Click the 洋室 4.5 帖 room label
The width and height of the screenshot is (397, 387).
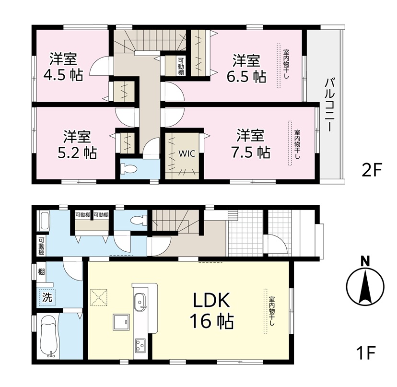63,67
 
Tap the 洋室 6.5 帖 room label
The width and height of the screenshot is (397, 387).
246,69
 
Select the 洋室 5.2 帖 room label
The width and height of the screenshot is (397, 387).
77,144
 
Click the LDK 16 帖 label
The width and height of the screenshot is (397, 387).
212,311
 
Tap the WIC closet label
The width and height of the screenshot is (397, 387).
187,153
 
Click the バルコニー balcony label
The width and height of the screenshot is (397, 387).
329,105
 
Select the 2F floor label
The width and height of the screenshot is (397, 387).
372,170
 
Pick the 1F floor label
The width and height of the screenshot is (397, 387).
366,352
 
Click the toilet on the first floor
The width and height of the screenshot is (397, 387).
139,220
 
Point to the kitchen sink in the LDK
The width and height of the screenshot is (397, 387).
140,302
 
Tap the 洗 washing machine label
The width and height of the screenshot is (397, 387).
47,297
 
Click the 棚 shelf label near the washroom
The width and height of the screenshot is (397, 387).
41,272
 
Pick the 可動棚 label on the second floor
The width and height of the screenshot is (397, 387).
181,66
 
